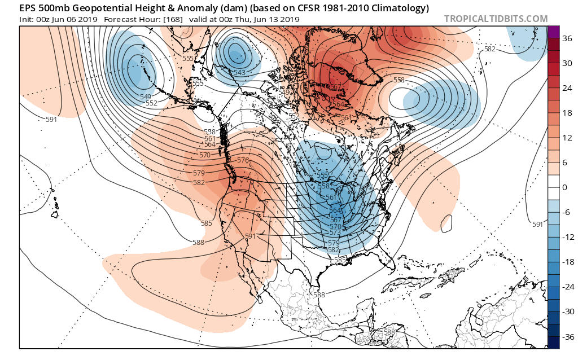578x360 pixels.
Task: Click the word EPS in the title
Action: click(28, 8)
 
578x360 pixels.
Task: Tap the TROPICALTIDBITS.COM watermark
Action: click(496, 19)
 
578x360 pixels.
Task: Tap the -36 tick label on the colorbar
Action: click(565, 336)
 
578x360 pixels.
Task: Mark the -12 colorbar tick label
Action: click(565, 238)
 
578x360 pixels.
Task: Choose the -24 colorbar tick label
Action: click(565, 287)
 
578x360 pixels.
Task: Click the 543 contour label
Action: click(239, 72)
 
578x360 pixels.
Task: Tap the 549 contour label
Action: click(146, 96)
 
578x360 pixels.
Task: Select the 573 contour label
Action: click(335, 232)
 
